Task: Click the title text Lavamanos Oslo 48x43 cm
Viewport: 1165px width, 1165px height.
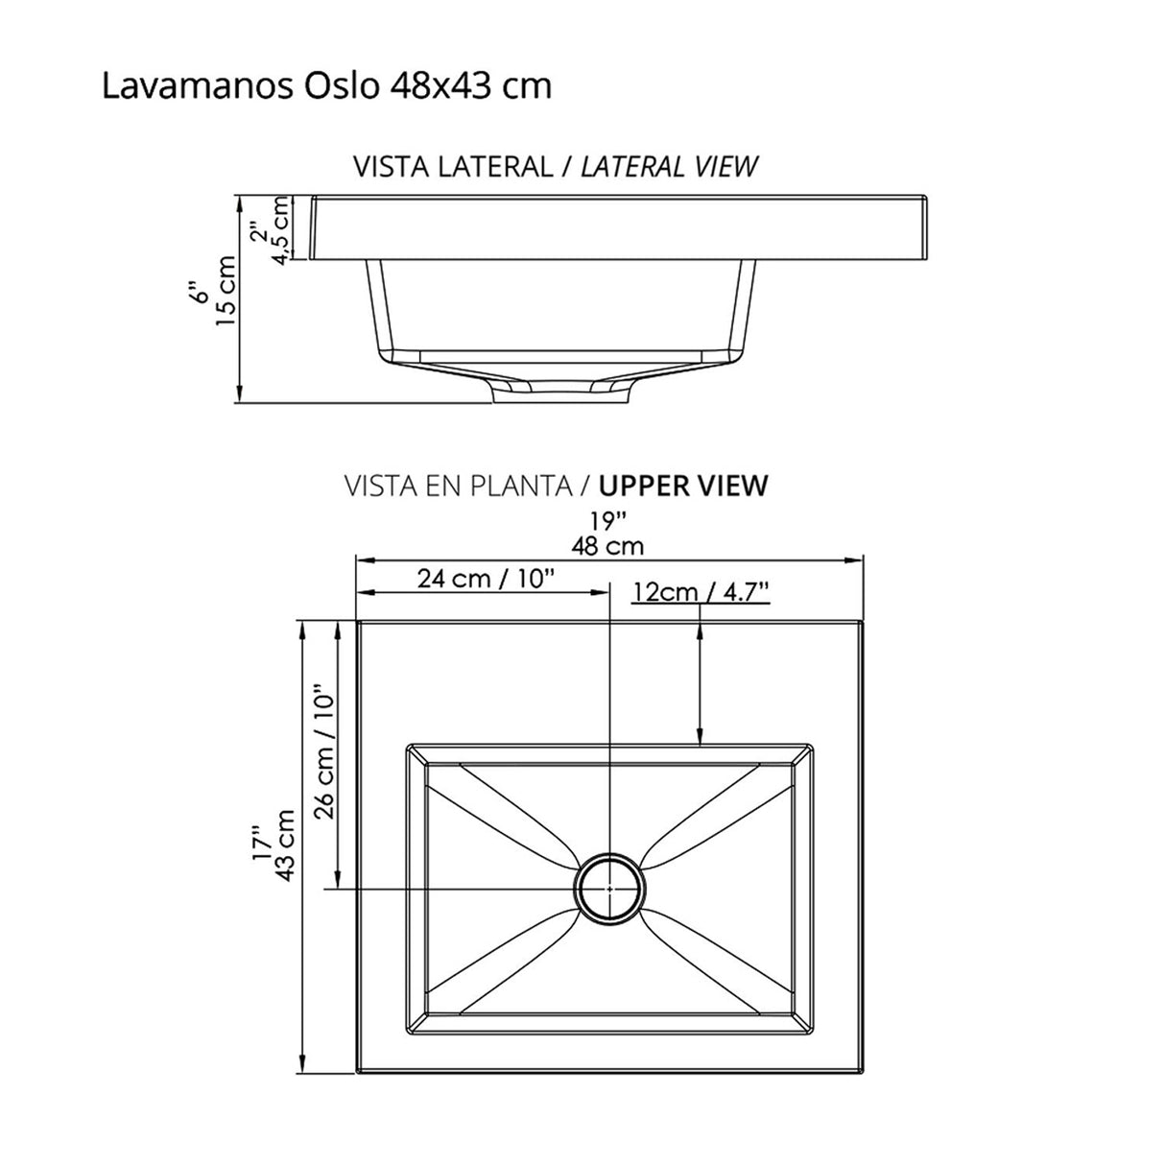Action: pyautogui.click(x=326, y=86)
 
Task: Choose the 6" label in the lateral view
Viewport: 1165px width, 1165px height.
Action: pyautogui.click(x=199, y=291)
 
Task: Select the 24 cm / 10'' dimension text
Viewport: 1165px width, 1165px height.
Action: pyautogui.click(x=487, y=579)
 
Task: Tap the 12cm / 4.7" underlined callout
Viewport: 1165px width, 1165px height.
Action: pyautogui.click(x=702, y=592)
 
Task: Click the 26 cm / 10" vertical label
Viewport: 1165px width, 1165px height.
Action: pyautogui.click(x=324, y=750)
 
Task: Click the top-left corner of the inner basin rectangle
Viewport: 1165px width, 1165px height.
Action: pyautogui.click(x=409, y=744)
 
